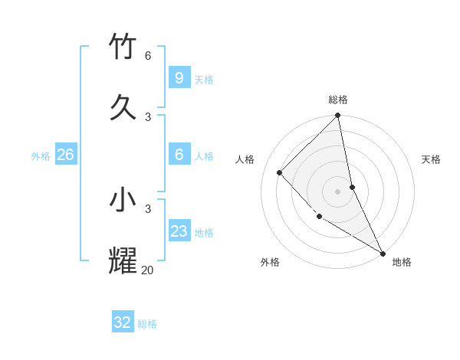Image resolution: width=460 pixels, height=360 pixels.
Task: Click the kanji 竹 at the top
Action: pos(123,46)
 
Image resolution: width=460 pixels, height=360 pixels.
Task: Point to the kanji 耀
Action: pos(123,260)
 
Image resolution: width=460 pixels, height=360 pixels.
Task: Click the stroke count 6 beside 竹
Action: pos(148,56)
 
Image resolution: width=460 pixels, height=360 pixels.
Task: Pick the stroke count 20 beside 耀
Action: pos(147,270)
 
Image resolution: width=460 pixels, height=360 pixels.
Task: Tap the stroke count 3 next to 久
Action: pos(148,116)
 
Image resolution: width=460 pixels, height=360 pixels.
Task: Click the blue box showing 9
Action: pos(179,77)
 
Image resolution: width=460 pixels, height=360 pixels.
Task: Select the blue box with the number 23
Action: pos(179,231)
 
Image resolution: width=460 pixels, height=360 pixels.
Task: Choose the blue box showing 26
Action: pos(65,155)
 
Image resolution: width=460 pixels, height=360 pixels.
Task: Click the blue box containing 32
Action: pos(123,322)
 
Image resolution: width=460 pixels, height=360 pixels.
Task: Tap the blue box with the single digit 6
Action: pos(179,155)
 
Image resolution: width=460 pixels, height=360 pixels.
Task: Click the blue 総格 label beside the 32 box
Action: pos(147,324)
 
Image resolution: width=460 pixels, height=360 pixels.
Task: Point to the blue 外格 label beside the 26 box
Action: pos(41,156)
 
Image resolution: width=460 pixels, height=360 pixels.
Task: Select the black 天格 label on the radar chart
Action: pos(431,159)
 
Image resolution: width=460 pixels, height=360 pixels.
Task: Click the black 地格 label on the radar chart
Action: pos(402,262)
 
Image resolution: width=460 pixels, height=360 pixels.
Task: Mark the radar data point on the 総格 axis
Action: pos(338,116)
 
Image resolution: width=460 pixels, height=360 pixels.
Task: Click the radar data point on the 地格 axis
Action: pos(382,252)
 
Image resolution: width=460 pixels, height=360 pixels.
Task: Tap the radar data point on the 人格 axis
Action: pos(280,172)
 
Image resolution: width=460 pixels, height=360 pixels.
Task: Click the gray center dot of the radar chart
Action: pos(338,191)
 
